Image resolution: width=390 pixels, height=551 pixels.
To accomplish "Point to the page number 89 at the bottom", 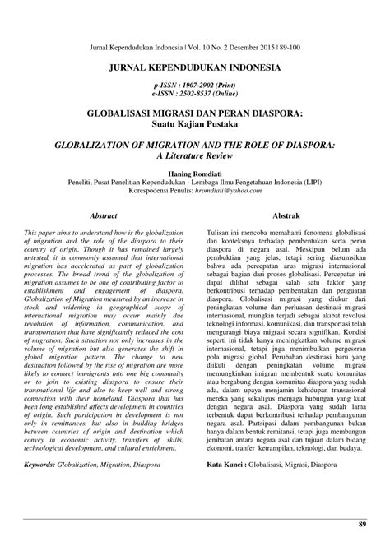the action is click(x=362, y=524).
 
